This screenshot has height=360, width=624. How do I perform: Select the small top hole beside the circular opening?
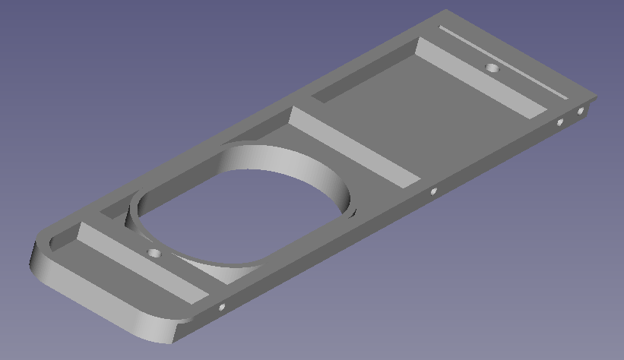[154, 252]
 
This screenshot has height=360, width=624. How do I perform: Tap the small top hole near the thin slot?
[493, 68]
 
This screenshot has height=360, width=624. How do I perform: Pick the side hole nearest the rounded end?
[222, 308]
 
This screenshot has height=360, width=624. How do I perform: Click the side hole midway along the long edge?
[433, 191]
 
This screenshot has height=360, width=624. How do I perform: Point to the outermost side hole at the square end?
[581, 112]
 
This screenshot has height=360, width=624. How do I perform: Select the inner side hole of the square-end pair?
[560, 122]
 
